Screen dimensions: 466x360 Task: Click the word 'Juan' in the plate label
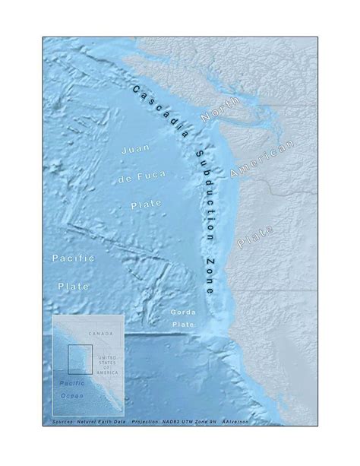[x=134, y=151]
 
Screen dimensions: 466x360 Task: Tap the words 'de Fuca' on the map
[x=140, y=179]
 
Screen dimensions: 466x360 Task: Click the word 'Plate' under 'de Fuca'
[x=140, y=205]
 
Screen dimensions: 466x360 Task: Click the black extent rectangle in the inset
[x=80, y=359]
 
